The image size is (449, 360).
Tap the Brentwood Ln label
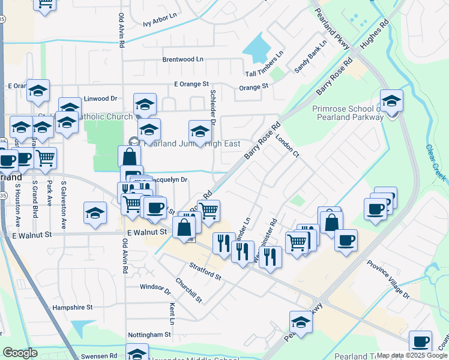pyautogui.click(x=183, y=60)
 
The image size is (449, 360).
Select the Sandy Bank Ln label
pyautogui.click(x=310, y=57)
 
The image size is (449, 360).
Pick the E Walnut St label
pyautogui.click(x=146, y=232)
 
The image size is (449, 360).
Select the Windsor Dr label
pyautogui.click(x=155, y=287)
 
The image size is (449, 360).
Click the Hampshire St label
pyautogui.click(x=73, y=307)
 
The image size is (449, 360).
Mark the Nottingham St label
pyautogui.click(x=149, y=334)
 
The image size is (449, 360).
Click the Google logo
pyautogui.click(x=20, y=353)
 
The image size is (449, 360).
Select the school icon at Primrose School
pyautogui.click(x=391, y=102)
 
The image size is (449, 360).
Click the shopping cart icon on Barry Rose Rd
pyautogui.click(x=208, y=211)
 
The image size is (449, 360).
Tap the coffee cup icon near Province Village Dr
pyautogui.click(x=346, y=240)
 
